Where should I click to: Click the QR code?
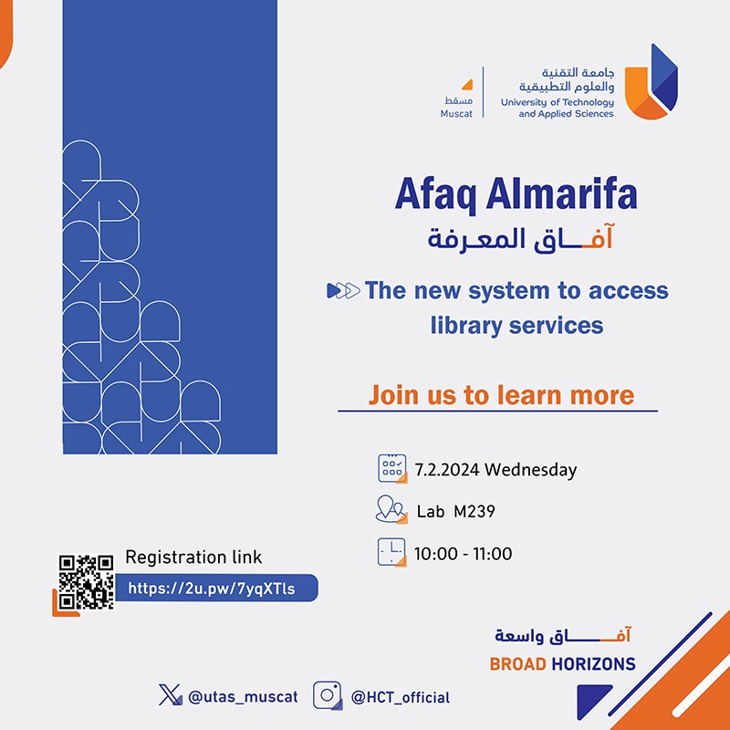pos(86,581)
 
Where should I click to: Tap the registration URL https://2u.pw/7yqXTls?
pos(212,589)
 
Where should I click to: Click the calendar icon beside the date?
pos(392,469)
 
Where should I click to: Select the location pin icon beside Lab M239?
pos(391,510)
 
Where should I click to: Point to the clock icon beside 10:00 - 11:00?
pos(391,552)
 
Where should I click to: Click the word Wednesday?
pos(530,469)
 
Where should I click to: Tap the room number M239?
pos(474,512)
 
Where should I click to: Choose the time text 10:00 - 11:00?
pos(464,554)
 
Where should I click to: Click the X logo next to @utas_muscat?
pos(170,694)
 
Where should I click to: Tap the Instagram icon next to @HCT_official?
pos(328,695)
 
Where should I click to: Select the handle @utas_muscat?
pos(243,697)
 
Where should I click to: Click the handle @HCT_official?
pos(401,697)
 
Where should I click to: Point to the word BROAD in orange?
pos(517,664)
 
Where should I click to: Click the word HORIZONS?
pos(594,664)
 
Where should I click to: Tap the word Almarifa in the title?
pos(561,194)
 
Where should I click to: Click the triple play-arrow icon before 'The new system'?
pos(344,290)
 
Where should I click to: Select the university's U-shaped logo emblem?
pos(651,81)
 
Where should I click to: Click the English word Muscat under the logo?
pos(456,113)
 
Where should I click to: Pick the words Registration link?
pos(193,558)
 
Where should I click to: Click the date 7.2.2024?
pos(446,469)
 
